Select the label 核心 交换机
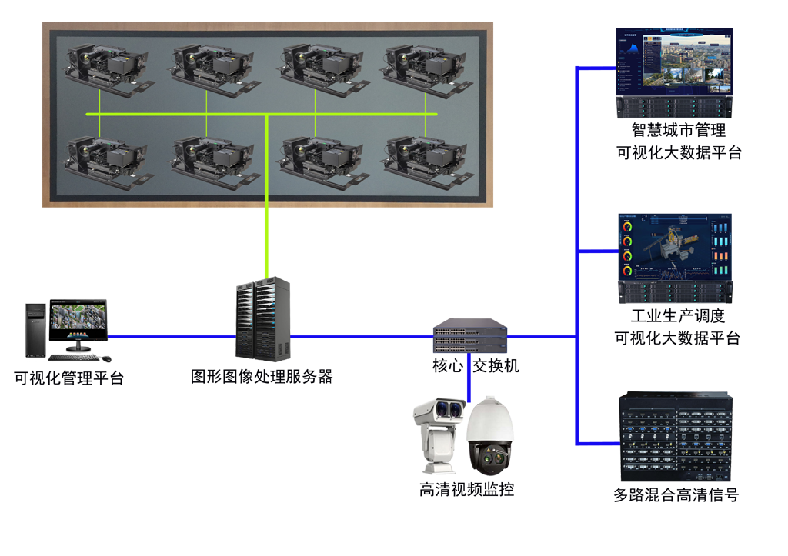(476, 366)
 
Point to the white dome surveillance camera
(490, 437)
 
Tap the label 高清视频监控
(466, 489)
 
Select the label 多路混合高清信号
(676, 495)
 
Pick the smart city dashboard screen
(673, 62)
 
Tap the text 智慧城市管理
(678, 131)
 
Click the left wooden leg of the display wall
(203, 218)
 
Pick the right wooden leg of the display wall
(400, 218)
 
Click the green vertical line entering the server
(265, 231)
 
